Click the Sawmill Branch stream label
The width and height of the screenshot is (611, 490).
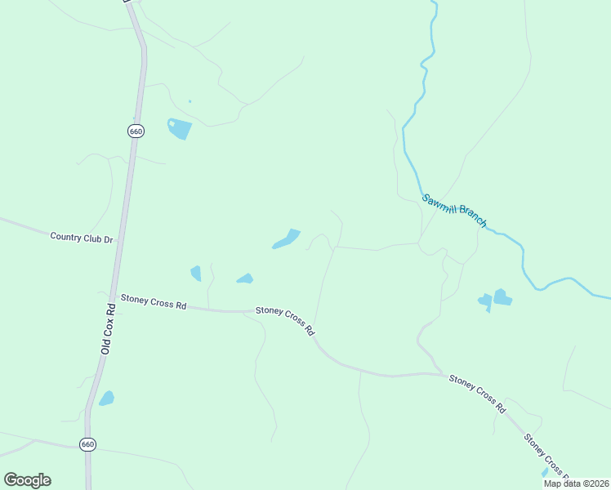click(x=454, y=211)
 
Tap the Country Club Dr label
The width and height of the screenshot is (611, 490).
click(x=81, y=238)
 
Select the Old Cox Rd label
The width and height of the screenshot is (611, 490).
click(x=106, y=329)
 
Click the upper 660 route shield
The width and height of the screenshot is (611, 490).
click(x=136, y=131)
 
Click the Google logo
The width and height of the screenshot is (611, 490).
click(x=27, y=479)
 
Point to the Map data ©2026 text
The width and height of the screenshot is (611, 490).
click(x=576, y=483)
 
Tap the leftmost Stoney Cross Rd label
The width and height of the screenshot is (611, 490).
click(x=154, y=302)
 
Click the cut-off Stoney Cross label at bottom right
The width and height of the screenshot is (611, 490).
click(x=544, y=454)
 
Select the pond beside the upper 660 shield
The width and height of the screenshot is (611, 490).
click(x=179, y=128)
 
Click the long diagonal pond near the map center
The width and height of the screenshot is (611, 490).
click(x=286, y=239)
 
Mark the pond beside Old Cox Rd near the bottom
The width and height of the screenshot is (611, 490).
click(x=106, y=399)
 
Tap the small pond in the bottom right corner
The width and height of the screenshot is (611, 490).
click(x=545, y=472)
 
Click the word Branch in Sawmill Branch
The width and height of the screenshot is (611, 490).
click(x=472, y=216)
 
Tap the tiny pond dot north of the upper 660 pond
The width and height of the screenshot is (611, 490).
click(x=190, y=101)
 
